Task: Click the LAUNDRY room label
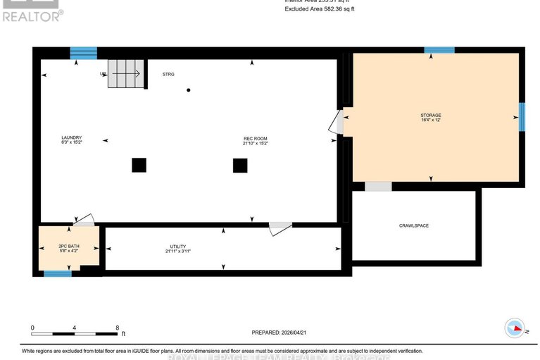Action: click(x=72, y=137)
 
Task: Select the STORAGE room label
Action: click(x=431, y=115)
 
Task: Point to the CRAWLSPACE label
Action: click(x=414, y=225)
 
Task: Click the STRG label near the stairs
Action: click(x=168, y=74)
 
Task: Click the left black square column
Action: click(x=139, y=165)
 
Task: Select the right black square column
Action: click(x=240, y=165)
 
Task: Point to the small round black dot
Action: click(x=188, y=90)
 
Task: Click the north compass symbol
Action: click(x=515, y=328)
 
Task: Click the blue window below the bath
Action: click(x=58, y=273)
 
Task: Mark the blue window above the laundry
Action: click(x=83, y=53)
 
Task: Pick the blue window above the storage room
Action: click(x=439, y=50)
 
